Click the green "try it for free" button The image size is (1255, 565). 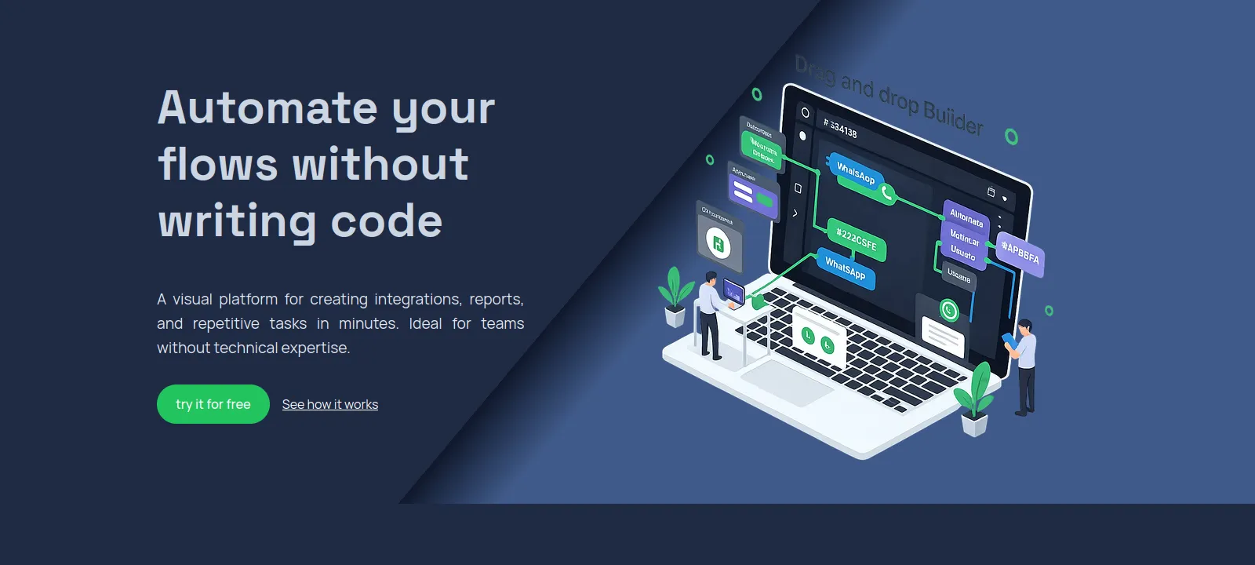[x=213, y=404]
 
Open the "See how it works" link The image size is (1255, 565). [x=329, y=405]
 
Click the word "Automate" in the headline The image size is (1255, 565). [x=267, y=108]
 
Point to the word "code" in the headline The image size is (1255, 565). [x=387, y=221]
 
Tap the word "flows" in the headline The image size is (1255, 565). [x=217, y=165]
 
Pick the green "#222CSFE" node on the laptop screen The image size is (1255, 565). [x=857, y=239]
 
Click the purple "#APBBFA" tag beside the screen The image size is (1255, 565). [x=1020, y=253]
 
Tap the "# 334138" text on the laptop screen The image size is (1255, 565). [x=840, y=127]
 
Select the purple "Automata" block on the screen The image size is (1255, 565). [x=966, y=217]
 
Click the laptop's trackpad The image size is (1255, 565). [x=786, y=382]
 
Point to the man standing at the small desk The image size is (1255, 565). [x=709, y=314]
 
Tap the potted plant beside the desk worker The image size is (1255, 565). [x=674, y=297]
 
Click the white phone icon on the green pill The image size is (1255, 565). [x=887, y=192]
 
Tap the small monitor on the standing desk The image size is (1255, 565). [x=733, y=292]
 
